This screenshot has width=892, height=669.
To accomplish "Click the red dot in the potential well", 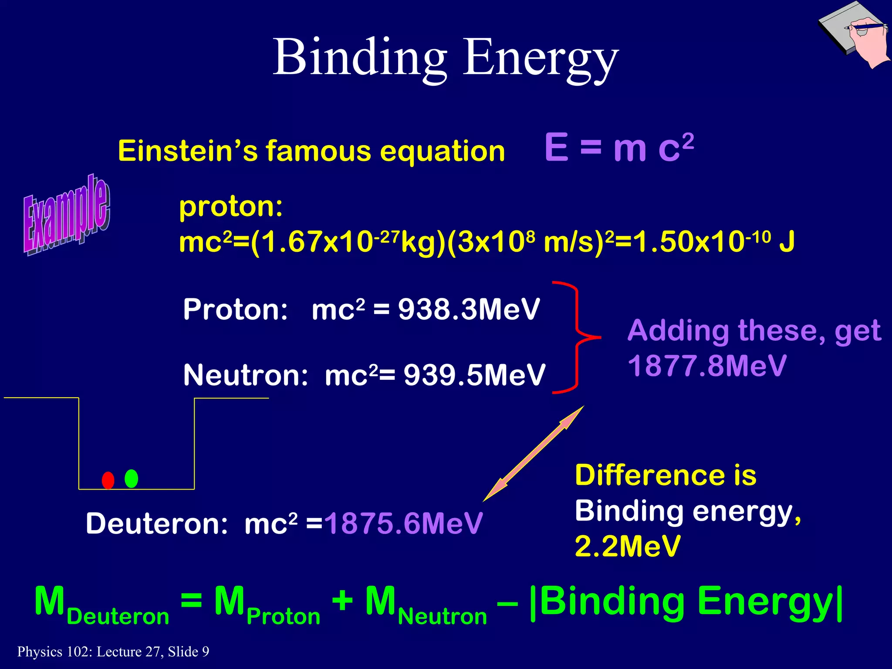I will click(x=108, y=480).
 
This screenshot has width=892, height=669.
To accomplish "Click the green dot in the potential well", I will click(x=131, y=479).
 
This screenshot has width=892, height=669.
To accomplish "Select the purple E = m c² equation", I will click(x=618, y=148).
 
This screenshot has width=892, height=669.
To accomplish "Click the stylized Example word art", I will click(x=66, y=215).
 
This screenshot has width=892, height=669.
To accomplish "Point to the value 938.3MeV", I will click(x=469, y=310).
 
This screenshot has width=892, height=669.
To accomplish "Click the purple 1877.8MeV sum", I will click(x=706, y=366).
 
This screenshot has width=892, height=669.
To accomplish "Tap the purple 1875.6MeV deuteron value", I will click(x=403, y=523).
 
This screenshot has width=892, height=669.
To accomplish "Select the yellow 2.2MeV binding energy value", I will click(x=627, y=546).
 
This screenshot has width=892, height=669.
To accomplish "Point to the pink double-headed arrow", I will click(x=534, y=453).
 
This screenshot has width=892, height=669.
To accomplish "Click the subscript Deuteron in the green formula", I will click(x=118, y=617).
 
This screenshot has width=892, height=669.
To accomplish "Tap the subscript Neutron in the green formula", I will click(x=442, y=617).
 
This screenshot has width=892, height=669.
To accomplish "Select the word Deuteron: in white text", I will click(x=157, y=523).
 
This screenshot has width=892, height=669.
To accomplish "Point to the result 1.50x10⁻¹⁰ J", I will click(x=714, y=242).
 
